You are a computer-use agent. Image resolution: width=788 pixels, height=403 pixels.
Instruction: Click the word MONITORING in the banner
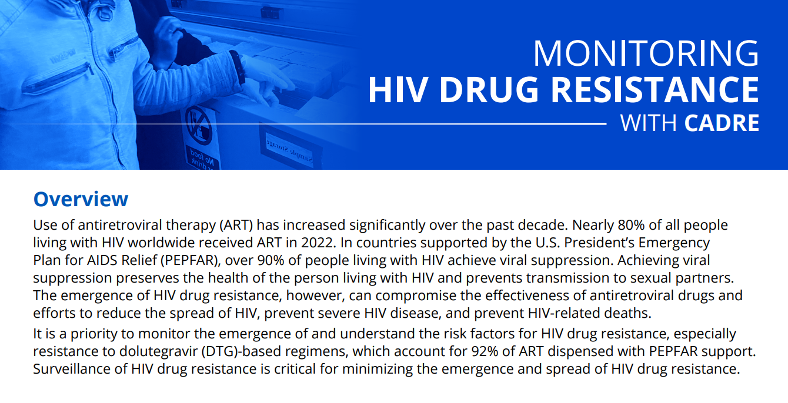point(646,53)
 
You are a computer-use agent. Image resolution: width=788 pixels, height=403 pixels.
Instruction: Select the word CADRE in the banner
point(722,123)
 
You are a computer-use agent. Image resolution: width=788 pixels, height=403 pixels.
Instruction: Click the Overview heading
point(81,199)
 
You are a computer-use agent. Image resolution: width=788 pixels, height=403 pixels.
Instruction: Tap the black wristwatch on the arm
point(238,68)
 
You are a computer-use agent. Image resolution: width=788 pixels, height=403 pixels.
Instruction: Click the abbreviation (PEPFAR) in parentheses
point(191,261)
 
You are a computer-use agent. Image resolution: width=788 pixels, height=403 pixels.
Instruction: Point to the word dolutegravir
point(159,352)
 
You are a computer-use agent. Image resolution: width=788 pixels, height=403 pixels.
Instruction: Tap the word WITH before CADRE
point(649,123)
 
